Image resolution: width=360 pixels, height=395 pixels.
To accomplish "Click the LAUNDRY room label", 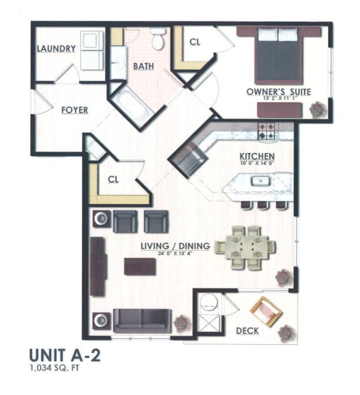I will (x=57, y=49).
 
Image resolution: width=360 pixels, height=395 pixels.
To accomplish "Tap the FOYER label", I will (x=75, y=110).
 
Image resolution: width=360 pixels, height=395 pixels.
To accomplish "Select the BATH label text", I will (x=144, y=66).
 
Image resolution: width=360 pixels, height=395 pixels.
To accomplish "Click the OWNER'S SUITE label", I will (x=279, y=92).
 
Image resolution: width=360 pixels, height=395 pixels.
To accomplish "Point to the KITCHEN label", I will (x=257, y=156).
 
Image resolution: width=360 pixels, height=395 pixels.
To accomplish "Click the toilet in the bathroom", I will (x=157, y=39).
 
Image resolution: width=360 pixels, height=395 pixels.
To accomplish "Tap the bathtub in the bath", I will (x=132, y=107).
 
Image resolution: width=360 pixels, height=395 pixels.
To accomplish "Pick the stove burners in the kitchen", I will (x=267, y=132).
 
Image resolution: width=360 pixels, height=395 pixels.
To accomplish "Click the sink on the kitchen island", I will (x=258, y=182).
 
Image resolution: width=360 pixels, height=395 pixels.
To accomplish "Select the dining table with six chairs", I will (x=245, y=247).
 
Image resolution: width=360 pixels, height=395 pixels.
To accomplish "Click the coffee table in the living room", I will (x=140, y=266).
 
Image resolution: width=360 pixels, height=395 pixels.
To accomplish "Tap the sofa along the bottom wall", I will (x=142, y=320).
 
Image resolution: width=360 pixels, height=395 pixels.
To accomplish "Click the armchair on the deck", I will (x=266, y=311).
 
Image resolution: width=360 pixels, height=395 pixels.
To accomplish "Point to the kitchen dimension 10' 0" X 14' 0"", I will (x=257, y=164).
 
